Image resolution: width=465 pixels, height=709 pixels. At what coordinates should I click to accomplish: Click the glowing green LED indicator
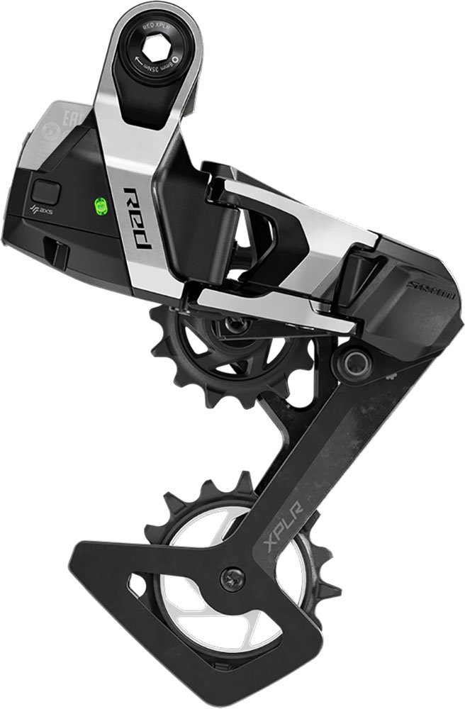[x=100, y=206]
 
